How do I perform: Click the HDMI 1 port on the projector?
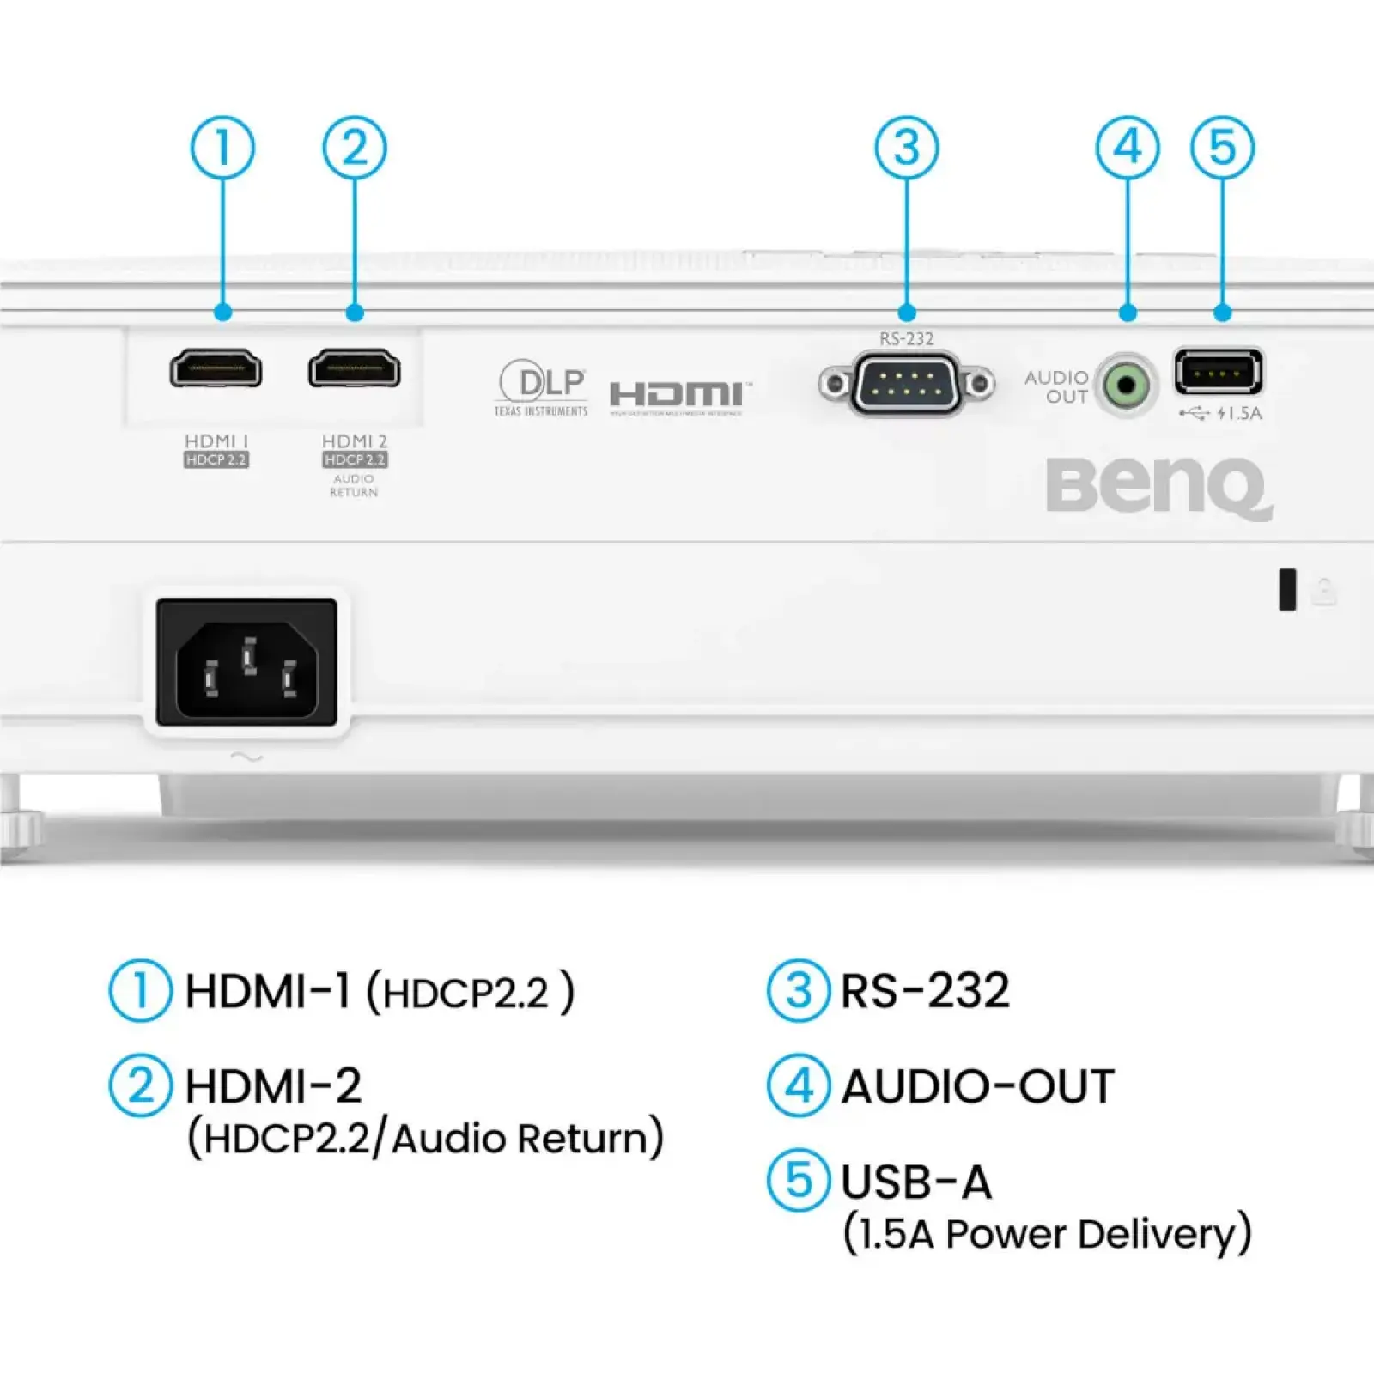tap(216, 369)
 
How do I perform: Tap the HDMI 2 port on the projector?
tap(355, 369)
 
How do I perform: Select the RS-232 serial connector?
tap(907, 384)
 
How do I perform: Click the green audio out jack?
tap(1126, 386)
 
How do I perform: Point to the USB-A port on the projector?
tap(1218, 373)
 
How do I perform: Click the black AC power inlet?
tap(246, 662)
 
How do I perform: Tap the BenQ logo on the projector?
tap(1158, 488)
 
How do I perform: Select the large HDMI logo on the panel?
tap(679, 395)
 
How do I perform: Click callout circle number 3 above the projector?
tap(907, 148)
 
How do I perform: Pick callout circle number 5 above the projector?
tap(1222, 148)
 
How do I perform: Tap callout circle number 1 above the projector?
tap(222, 148)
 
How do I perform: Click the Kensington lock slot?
tap(1287, 590)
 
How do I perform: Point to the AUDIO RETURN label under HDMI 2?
tap(354, 485)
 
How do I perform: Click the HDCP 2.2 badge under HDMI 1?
tap(216, 460)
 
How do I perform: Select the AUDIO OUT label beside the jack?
tap(1057, 387)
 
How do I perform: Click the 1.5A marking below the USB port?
tap(1239, 414)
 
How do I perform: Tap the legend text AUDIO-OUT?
tap(978, 1086)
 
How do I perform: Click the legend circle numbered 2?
tap(141, 1085)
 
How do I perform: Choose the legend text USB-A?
tap(916, 1182)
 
